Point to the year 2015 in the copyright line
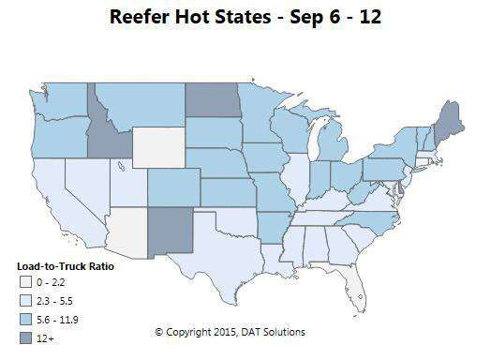point(214,332)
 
